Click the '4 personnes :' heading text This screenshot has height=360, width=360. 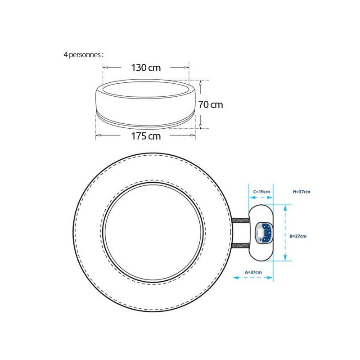coord(84,55)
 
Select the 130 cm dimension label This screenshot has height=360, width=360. coord(146,68)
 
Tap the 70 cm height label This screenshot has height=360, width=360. coord(211,105)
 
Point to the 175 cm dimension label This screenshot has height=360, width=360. coord(146,136)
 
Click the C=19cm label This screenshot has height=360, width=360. coord(261,192)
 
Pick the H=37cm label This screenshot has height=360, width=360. coord(301,192)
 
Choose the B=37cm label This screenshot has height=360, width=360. coord(298,236)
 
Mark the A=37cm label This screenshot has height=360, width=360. coord(253,272)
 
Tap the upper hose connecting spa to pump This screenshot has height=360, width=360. coord(240,221)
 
